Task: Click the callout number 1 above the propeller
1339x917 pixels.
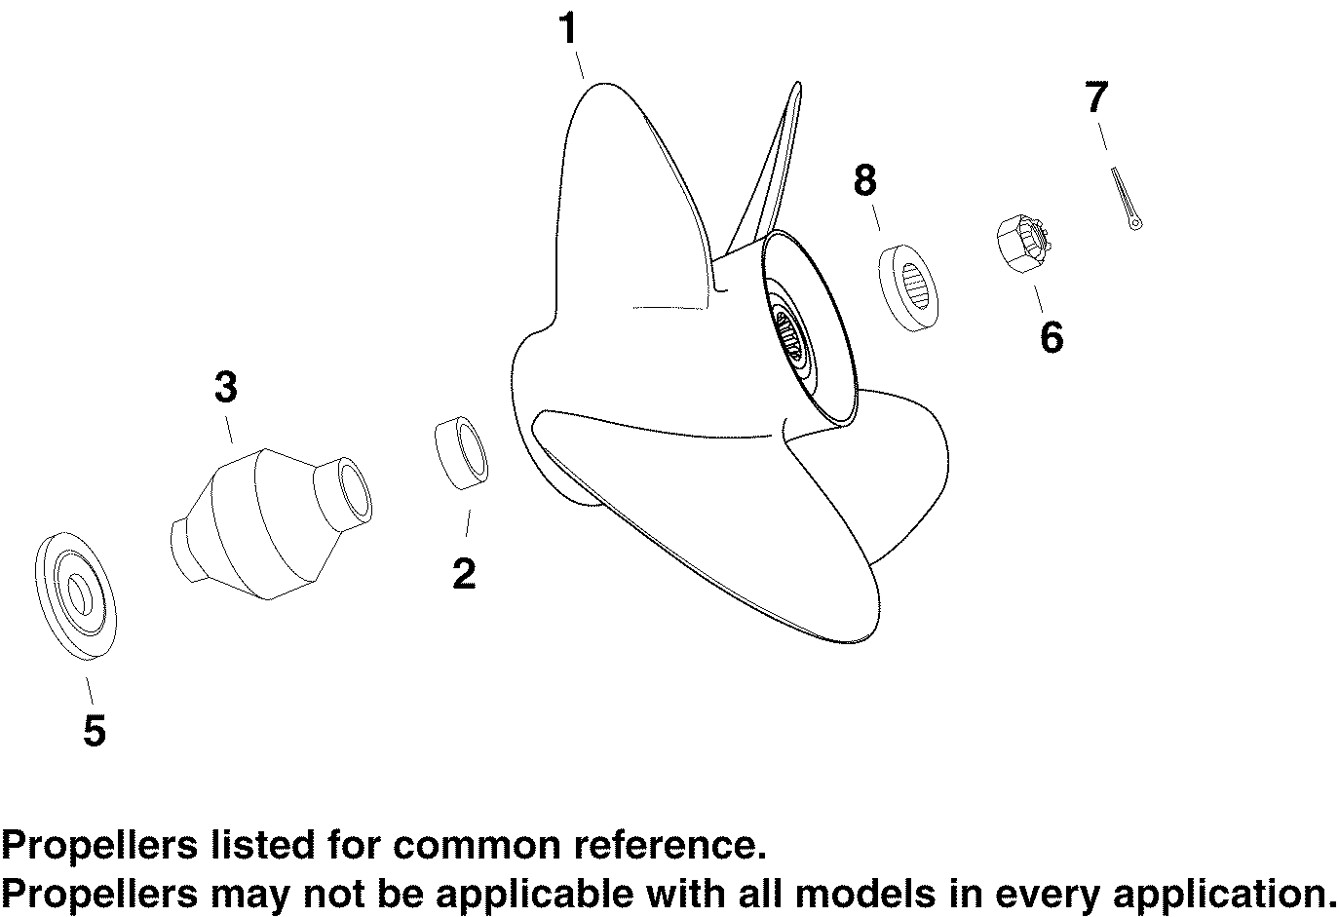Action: [x=568, y=28]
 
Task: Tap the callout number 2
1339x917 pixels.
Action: [x=465, y=573]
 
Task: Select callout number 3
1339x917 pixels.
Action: [x=226, y=387]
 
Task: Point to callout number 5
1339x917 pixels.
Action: [x=95, y=730]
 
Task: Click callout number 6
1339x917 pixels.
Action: [x=1052, y=337]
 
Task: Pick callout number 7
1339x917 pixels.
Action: [x=1096, y=96]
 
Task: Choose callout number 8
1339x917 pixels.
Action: [x=865, y=180]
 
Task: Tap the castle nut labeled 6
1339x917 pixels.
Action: [x=1023, y=244]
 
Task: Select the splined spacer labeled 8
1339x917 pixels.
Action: [x=908, y=288]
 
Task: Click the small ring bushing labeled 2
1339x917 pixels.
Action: [x=461, y=453]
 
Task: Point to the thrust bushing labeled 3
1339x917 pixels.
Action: [x=271, y=524]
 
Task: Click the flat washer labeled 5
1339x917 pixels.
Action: [x=76, y=596]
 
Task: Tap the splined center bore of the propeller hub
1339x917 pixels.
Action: [x=788, y=336]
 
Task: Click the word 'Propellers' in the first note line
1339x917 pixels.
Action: [x=99, y=846]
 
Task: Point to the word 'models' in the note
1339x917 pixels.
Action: [x=864, y=895]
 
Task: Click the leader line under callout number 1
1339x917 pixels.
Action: [x=579, y=65]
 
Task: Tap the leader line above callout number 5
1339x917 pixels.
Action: [x=90, y=691]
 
